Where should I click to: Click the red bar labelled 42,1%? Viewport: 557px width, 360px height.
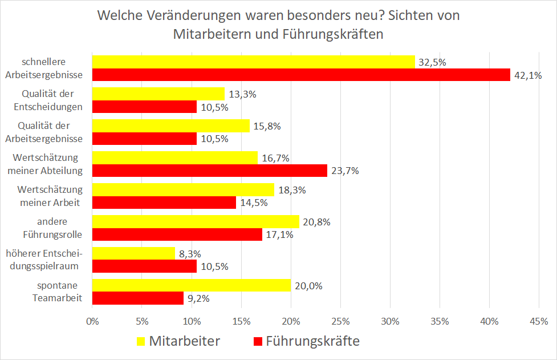[301, 75]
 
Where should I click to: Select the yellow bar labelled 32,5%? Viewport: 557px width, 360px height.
[253, 62]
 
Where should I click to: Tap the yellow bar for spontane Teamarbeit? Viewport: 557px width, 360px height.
[191, 285]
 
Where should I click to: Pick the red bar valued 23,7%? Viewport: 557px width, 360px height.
[209, 171]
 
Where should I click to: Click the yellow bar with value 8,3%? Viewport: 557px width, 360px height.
[133, 253]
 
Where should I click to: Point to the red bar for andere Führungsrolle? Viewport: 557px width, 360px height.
[177, 234]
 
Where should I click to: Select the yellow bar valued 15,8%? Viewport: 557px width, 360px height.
[170, 126]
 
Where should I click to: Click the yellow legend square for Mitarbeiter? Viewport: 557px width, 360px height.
[141, 341]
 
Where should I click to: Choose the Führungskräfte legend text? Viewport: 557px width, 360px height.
[312, 341]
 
